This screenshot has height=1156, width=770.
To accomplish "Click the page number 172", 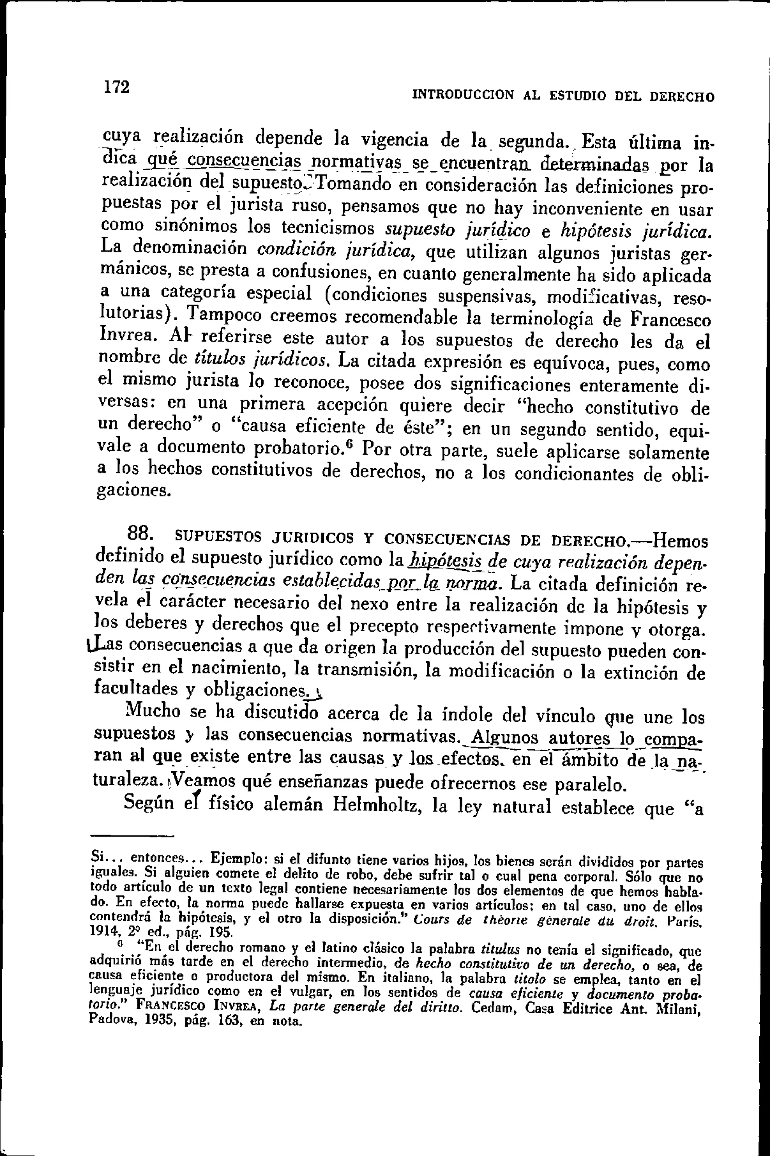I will coord(117,87).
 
